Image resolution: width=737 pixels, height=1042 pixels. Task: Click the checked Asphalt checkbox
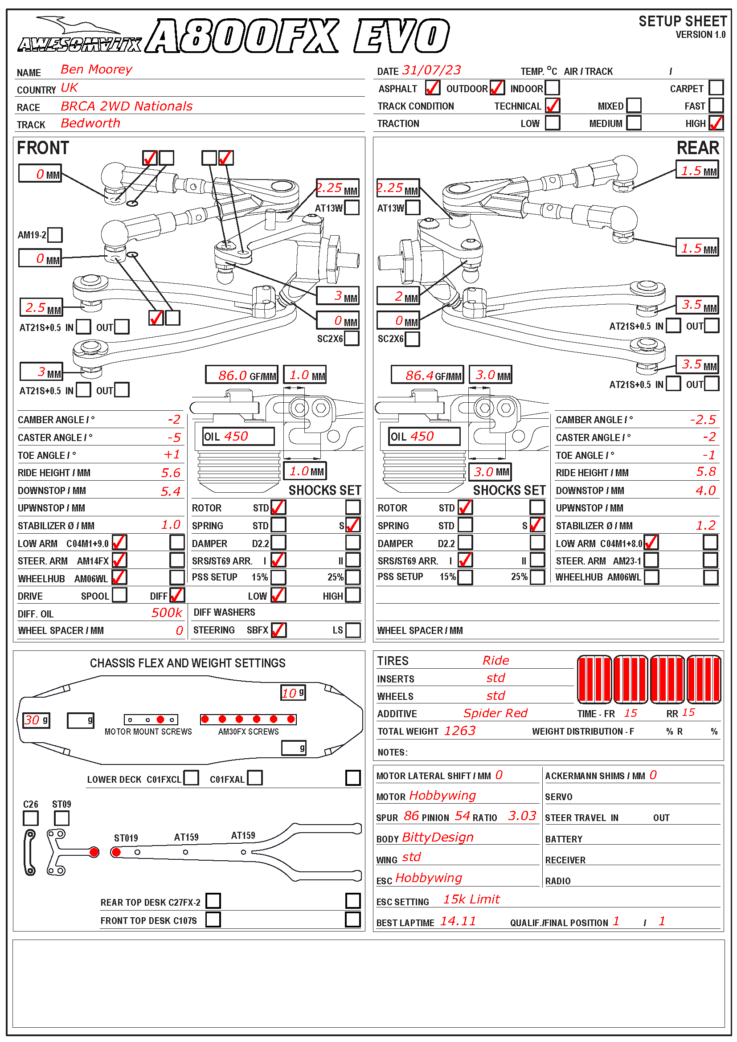click(x=432, y=88)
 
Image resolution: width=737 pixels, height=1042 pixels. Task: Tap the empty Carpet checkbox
click(x=716, y=88)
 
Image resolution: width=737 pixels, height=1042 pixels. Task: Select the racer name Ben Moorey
click(x=96, y=69)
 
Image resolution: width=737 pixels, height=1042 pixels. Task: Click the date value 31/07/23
click(x=431, y=70)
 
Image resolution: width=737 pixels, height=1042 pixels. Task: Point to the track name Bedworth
click(x=90, y=123)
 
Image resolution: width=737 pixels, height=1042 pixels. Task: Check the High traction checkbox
click(x=716, y=123)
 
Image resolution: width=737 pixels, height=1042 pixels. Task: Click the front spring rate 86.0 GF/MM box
click(x=242, y=375)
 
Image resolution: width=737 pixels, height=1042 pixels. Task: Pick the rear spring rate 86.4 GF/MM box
click(x=427, y=375)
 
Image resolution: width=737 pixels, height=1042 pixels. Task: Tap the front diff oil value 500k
click(x=167, y=613)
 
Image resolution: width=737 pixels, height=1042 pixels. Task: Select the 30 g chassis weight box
click(x=36, y=720)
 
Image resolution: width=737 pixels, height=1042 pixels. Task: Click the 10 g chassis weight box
click(x=293, y=693)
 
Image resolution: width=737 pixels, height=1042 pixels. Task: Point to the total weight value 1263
click(x=460, y=731)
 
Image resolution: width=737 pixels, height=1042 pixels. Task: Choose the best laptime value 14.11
click(x=458, y=921)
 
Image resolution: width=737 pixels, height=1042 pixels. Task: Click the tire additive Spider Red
click(x=495, y=713)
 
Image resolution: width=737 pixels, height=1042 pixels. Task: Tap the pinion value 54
click(x=463, y=816)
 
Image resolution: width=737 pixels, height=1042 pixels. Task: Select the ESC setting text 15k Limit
click(x=471, y=899)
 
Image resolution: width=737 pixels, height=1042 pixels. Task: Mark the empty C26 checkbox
click(x=31, y=818)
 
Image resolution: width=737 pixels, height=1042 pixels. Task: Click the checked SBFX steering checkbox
click(x=278, y=630)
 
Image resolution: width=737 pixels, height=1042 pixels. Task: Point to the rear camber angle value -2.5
click(x=703, y=420)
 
